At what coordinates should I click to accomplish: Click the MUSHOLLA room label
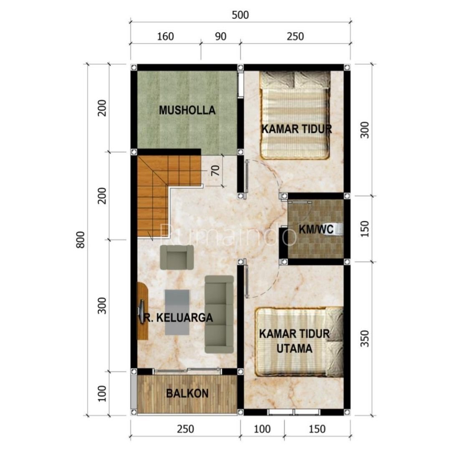(x=187, y=110)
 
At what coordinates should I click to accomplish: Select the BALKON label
(x=187, y=393)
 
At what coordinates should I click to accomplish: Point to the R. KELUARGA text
(x=178, y=317)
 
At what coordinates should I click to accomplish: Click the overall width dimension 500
(x=240, y=15)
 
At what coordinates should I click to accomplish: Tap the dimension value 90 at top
(x=220, y=36)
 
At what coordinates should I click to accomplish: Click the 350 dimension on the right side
(x=364, y=338)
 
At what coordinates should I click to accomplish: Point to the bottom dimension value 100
(x=262, y=429)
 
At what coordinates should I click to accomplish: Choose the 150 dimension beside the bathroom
(x=365, y=228)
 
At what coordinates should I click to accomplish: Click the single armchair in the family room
(x=177, y=257)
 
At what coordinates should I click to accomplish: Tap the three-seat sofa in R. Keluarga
(x=219, y=314)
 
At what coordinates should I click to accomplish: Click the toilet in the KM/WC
(x=338, y=229)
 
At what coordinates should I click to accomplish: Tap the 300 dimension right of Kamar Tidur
(x=365, y=130)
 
